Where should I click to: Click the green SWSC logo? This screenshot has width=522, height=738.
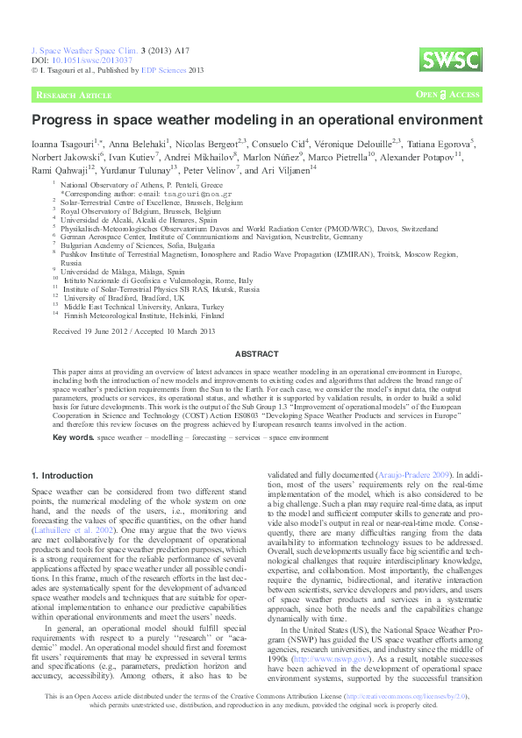coord(449,60)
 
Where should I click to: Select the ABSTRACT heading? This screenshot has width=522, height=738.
coord(261,354)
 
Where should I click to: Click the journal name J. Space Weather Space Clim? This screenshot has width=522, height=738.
coord(78,53)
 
